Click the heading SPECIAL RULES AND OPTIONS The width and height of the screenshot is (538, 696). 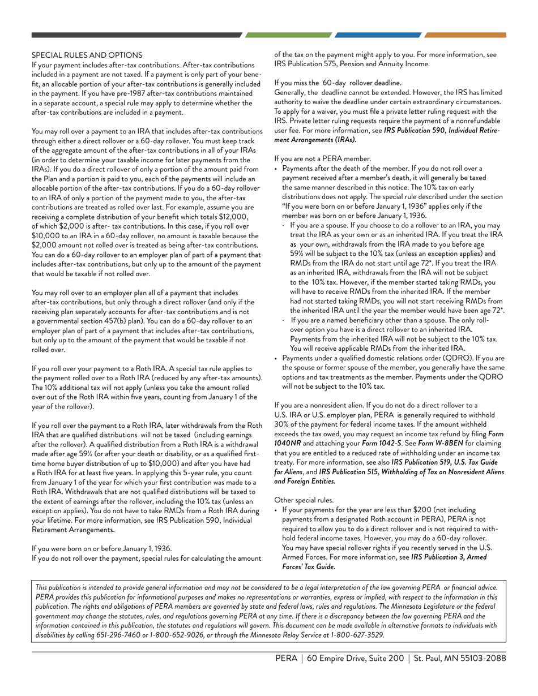pos(87,55)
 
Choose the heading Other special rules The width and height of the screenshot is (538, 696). pos(304,500)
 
